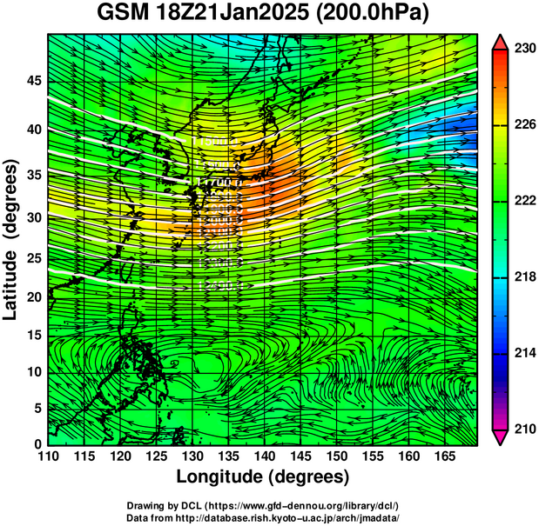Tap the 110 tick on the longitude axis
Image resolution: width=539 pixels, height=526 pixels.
(x=48, y=456)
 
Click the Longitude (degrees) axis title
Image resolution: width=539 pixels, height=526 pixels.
(x=263, y=477)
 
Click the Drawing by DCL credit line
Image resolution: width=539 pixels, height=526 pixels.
(x=262, y=506)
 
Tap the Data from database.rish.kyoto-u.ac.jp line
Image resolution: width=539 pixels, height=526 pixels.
(x=262, y=517)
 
